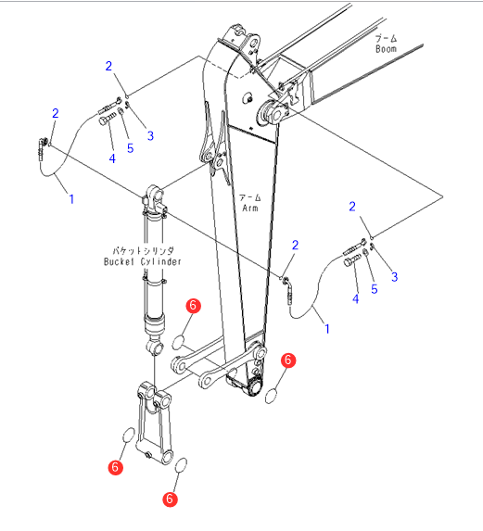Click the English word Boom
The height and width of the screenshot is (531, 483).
pyautogui.click(x=386, y=49)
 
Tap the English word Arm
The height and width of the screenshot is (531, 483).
pyautogui.click(x=250, y=208)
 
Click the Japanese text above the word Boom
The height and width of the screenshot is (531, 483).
pyautogui.click(x=387, y=38)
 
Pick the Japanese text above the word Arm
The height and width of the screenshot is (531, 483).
pyautogui.click(x=250, y=197)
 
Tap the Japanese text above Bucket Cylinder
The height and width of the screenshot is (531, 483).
pyautogui.click(x=143, y=250)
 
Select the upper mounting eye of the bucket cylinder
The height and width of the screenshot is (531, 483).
pyautogui.click(x=154, y=194)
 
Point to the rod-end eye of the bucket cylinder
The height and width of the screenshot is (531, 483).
pyautogui.click(x=155, y=348)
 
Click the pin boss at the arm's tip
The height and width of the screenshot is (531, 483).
pyautogui.click(x=255, y=386)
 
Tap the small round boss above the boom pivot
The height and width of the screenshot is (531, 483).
pyautogui.click(x=248, y=98)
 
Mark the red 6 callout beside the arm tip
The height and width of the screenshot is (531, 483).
pyautogui.click(x=288, y=360)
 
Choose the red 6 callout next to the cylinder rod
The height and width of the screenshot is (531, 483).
pyautogui.click(x=193, y=306)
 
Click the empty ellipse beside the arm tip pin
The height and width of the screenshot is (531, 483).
pyautogui.click(x=271, y=397)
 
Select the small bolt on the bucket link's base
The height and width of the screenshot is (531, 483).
pyautogui.click(x=147, y=454)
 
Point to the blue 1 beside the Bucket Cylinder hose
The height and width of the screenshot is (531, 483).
pyautogui.click(x=71, y=199)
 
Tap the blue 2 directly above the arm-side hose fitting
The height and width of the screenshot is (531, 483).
pyautogui.click(x=295, y=246)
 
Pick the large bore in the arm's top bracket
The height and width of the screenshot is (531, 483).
pyautogui.click(x=253, y=43)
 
